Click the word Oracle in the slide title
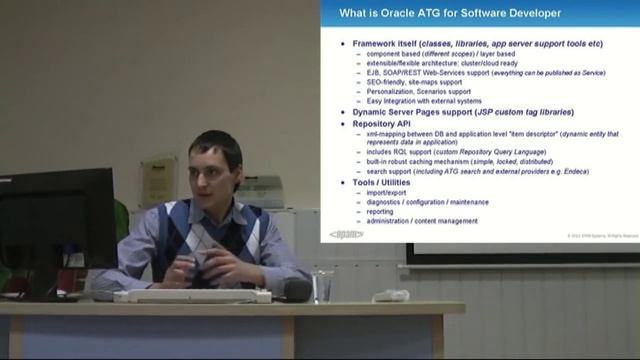pyautogui.click(x=415, y=13)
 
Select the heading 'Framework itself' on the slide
pyautogui.click(x=385, y=44)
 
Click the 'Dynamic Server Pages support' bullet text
pyautogui.click(x=409, y=113)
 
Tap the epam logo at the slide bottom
pyautogui.click(x=346, y=235)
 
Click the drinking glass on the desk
pyautogui.click(x=322, y=286)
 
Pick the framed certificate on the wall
pyautogui.click(x=157, y=181)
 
